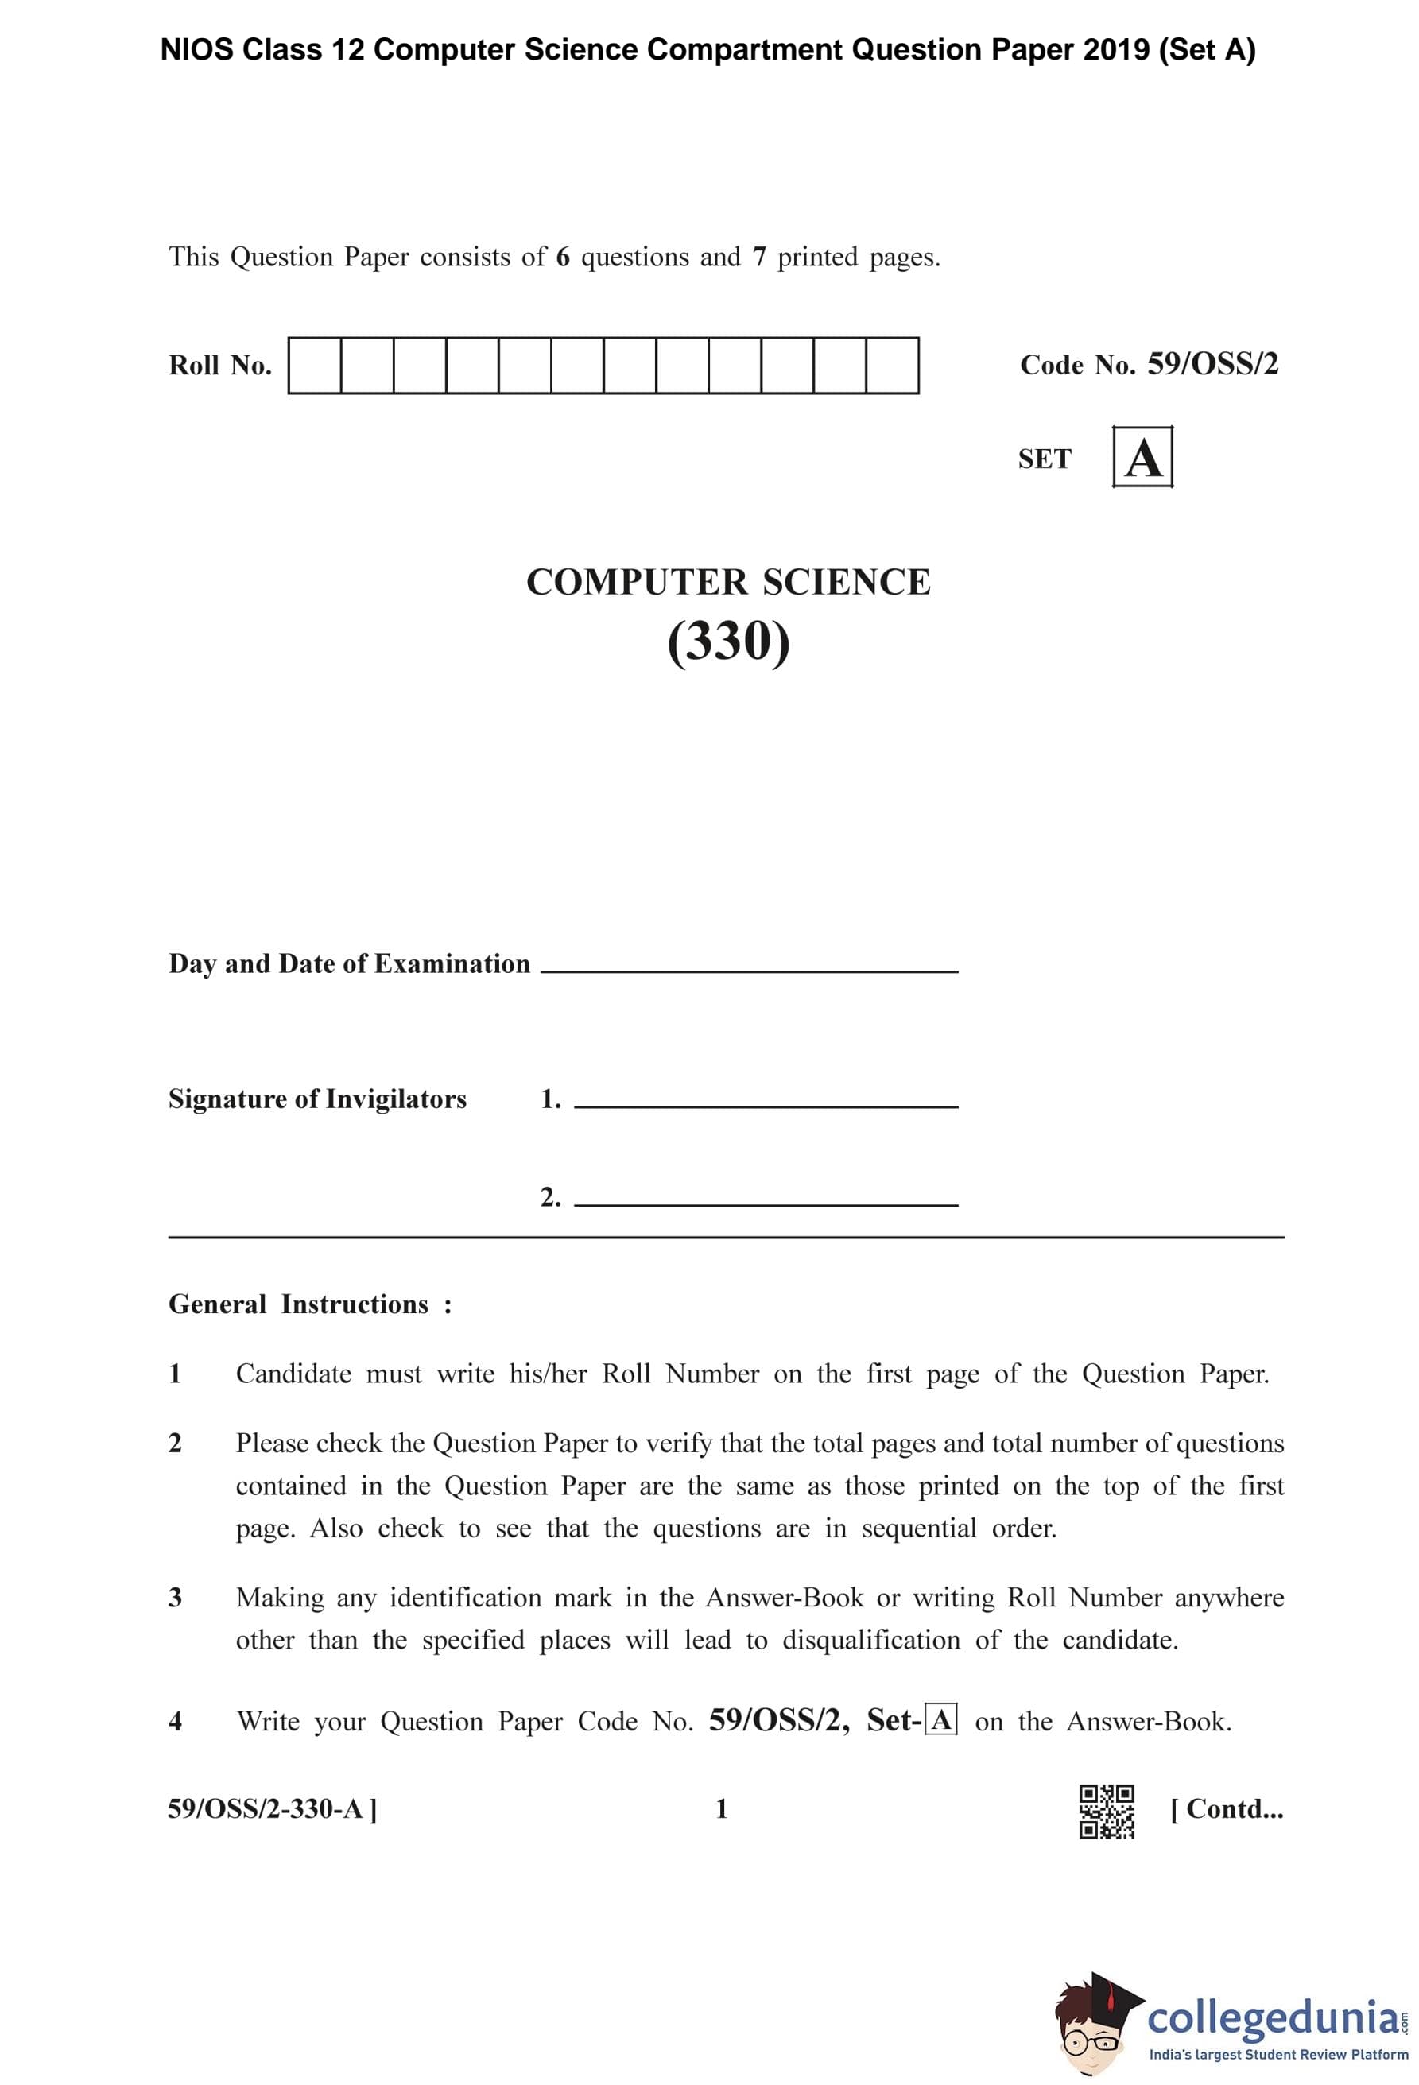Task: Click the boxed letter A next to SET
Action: point(1142,458)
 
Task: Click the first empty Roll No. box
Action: point(314,365)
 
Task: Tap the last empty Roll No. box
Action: point(893,365)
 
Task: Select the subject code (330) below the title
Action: point(728,641)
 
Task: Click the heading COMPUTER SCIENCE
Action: point(728,582)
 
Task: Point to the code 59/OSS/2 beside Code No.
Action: point(1212,363)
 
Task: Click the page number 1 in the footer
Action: point(721,1808)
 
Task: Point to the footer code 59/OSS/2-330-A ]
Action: point(273,1808)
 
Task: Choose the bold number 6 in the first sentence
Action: point(562,258)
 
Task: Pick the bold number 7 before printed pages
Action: point(759,258)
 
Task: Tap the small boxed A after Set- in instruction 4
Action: point(941,1720)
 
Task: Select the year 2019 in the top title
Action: point(1116,50)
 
